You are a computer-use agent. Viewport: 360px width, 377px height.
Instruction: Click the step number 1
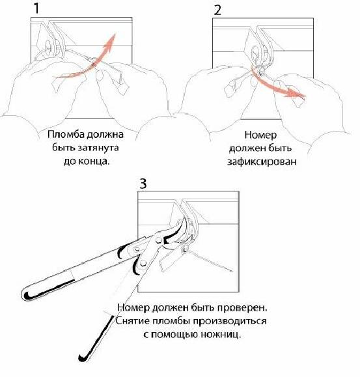click(x=36, y=8)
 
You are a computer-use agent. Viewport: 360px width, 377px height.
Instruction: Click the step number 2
click(x=217, y=10)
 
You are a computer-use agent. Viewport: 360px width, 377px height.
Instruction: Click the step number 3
click(x=143, y=184)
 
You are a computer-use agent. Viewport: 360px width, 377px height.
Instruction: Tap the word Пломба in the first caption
click(x=66, y=134)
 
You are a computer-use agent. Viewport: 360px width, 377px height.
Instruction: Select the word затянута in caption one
click(x=98, y=147)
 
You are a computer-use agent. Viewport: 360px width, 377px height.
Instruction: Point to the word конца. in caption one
click(x=94, y=161)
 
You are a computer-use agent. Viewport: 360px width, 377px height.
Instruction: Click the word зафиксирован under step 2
click(x=262, y=162)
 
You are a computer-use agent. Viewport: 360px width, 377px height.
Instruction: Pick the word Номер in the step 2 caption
click(x=260, y=135)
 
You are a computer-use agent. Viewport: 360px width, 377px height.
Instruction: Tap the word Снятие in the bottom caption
click(x=132, y=321)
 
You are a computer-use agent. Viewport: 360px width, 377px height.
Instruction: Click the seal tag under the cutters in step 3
click(x=170, y=259)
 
